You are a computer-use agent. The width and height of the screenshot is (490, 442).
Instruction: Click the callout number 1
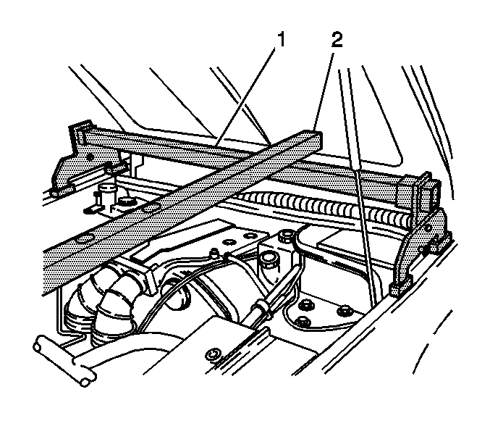282,41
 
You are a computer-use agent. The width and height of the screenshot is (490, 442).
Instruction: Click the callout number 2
337,41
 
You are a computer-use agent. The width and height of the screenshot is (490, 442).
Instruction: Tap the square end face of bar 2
313,141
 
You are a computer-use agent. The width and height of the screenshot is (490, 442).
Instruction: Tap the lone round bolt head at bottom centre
213,356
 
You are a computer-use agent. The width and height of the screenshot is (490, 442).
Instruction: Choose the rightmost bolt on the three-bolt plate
345,311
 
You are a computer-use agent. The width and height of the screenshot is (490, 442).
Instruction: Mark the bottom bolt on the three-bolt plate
303,321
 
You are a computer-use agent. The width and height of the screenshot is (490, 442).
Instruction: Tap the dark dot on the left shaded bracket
90,157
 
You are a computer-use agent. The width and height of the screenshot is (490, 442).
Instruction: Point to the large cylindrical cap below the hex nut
269,259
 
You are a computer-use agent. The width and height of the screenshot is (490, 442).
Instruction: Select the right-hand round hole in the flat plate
250,235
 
